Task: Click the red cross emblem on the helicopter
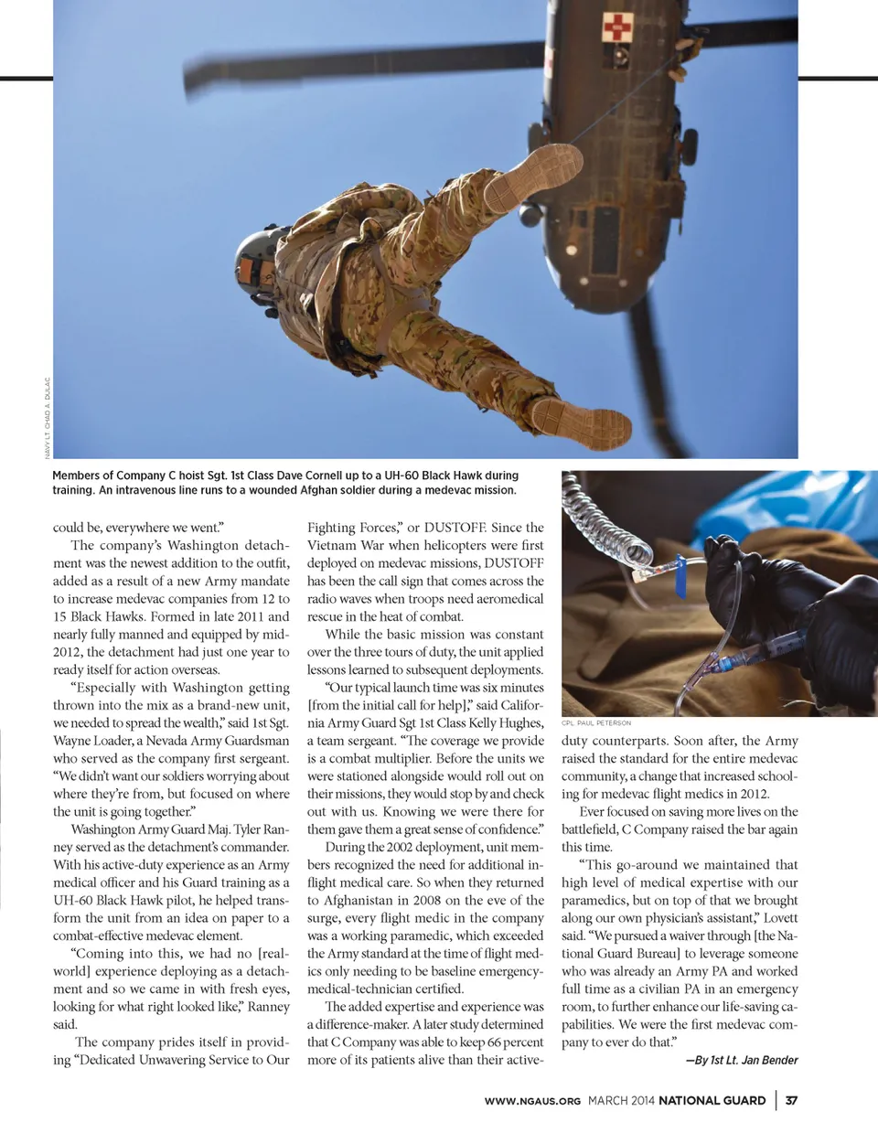tap(616, 27)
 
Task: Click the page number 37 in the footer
tap(791, 1100)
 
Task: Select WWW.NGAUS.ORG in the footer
tap(532, 1101)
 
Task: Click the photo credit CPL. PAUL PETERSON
tap(595, 722)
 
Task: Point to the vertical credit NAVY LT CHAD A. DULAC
tap(48, 417)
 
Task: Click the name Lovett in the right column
tap(780, 918)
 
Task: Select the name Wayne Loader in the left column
tap(92, 741)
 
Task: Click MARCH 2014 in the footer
tap(621, 1100)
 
